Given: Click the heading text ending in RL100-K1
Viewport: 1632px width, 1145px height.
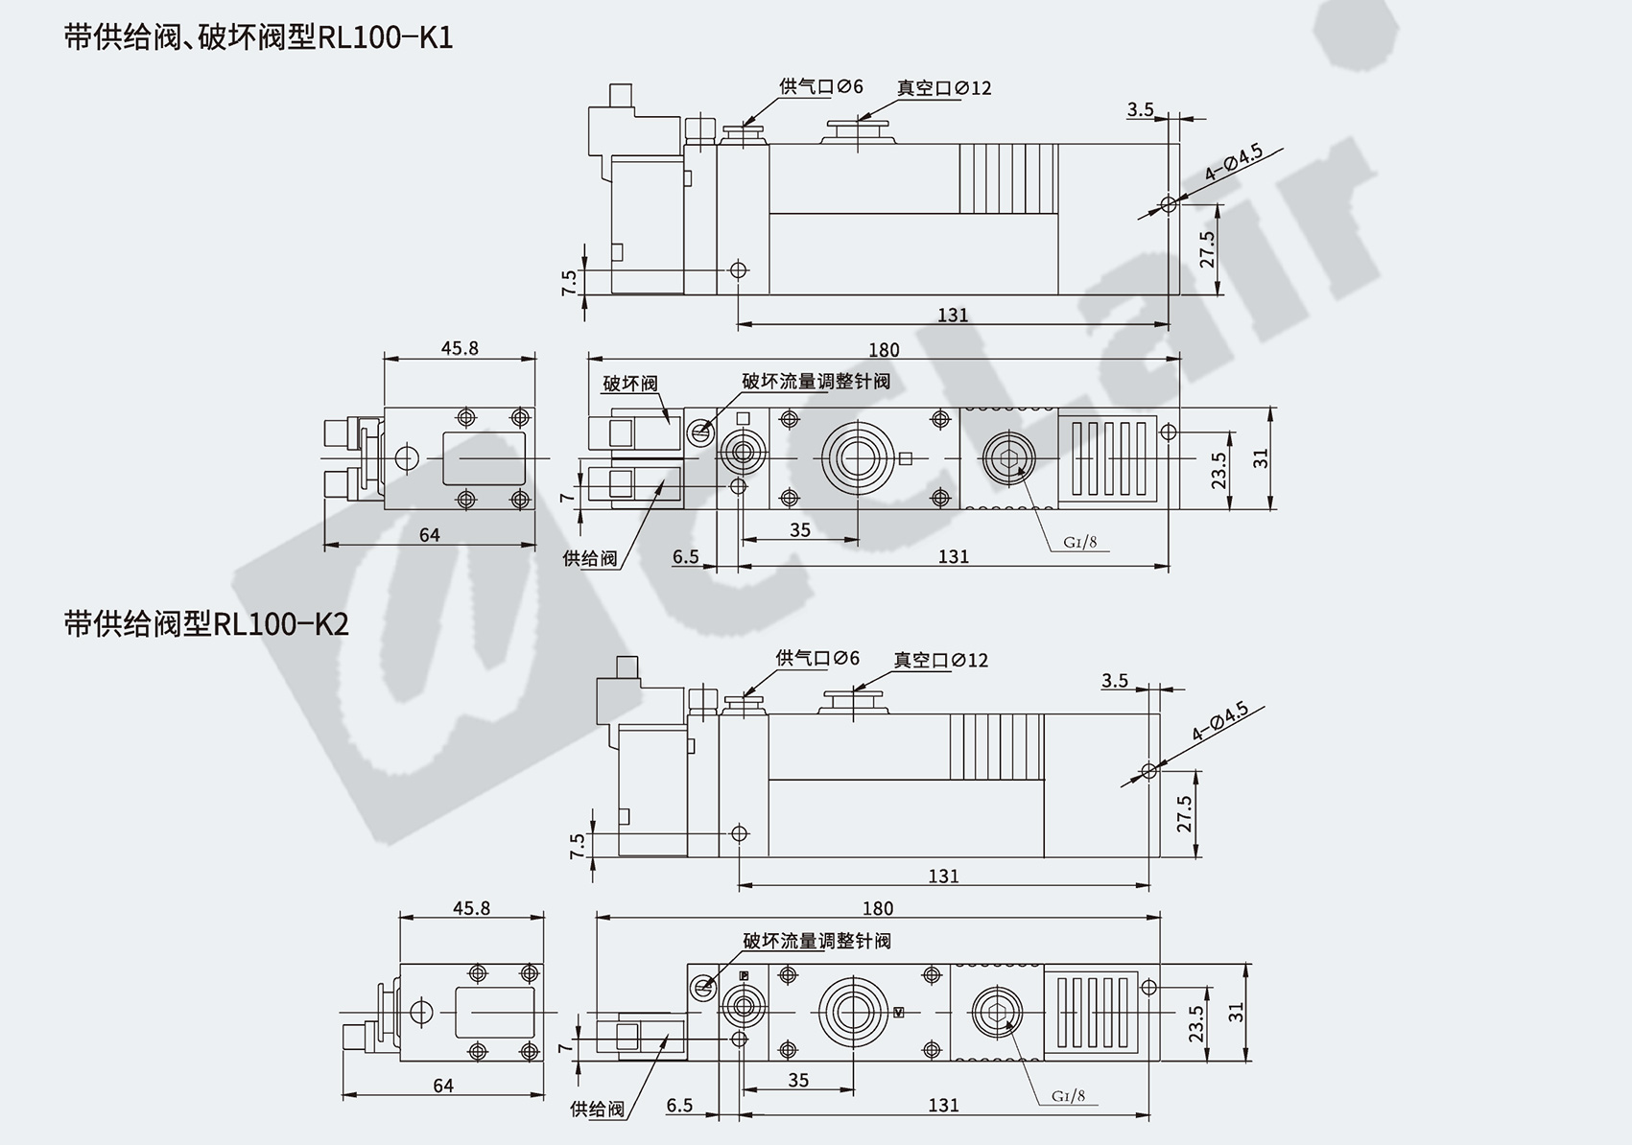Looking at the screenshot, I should (x=258, y=37).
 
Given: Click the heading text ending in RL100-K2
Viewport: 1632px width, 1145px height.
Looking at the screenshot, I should (x=206, y=624).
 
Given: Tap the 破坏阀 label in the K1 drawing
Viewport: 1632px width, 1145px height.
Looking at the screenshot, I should (x=630, y=384).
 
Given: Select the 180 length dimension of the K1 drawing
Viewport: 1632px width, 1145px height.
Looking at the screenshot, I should (x=883, y=350).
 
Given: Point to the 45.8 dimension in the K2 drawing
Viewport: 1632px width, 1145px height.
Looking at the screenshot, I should (x=471, y=907).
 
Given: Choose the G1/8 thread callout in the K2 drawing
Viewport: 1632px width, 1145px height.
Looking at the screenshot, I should (x=1068, y=1096).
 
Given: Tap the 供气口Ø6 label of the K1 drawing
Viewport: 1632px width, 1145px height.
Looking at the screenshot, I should (x=821, y=86).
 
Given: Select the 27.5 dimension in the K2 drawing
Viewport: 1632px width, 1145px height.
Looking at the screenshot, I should (x=1184, y=813).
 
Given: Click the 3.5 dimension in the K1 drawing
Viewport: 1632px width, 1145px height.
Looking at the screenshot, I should (x=1140, y=109).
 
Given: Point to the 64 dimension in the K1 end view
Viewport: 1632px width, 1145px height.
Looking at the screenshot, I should (x=429, y=535).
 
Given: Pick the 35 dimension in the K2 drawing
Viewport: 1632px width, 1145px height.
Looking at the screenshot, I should (x=798, y=1080).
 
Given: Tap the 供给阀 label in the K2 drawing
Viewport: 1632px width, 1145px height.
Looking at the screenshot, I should (x=597, y=1110).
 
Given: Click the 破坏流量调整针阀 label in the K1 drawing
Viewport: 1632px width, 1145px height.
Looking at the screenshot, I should (x=816, y=381).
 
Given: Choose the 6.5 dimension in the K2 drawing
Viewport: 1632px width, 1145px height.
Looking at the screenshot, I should (x=679, y=1106).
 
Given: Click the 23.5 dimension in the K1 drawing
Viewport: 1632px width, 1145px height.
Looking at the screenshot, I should (x=1218, y=471).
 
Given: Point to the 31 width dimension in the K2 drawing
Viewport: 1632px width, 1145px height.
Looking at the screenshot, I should (x=1236, y=1012).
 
